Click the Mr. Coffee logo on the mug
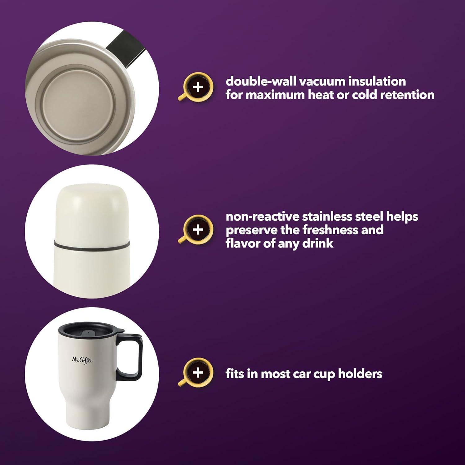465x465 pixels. click(x=82, y=360)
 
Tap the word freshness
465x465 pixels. click(x=332, y=230)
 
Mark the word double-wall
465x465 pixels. click(x=262, y=81)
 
